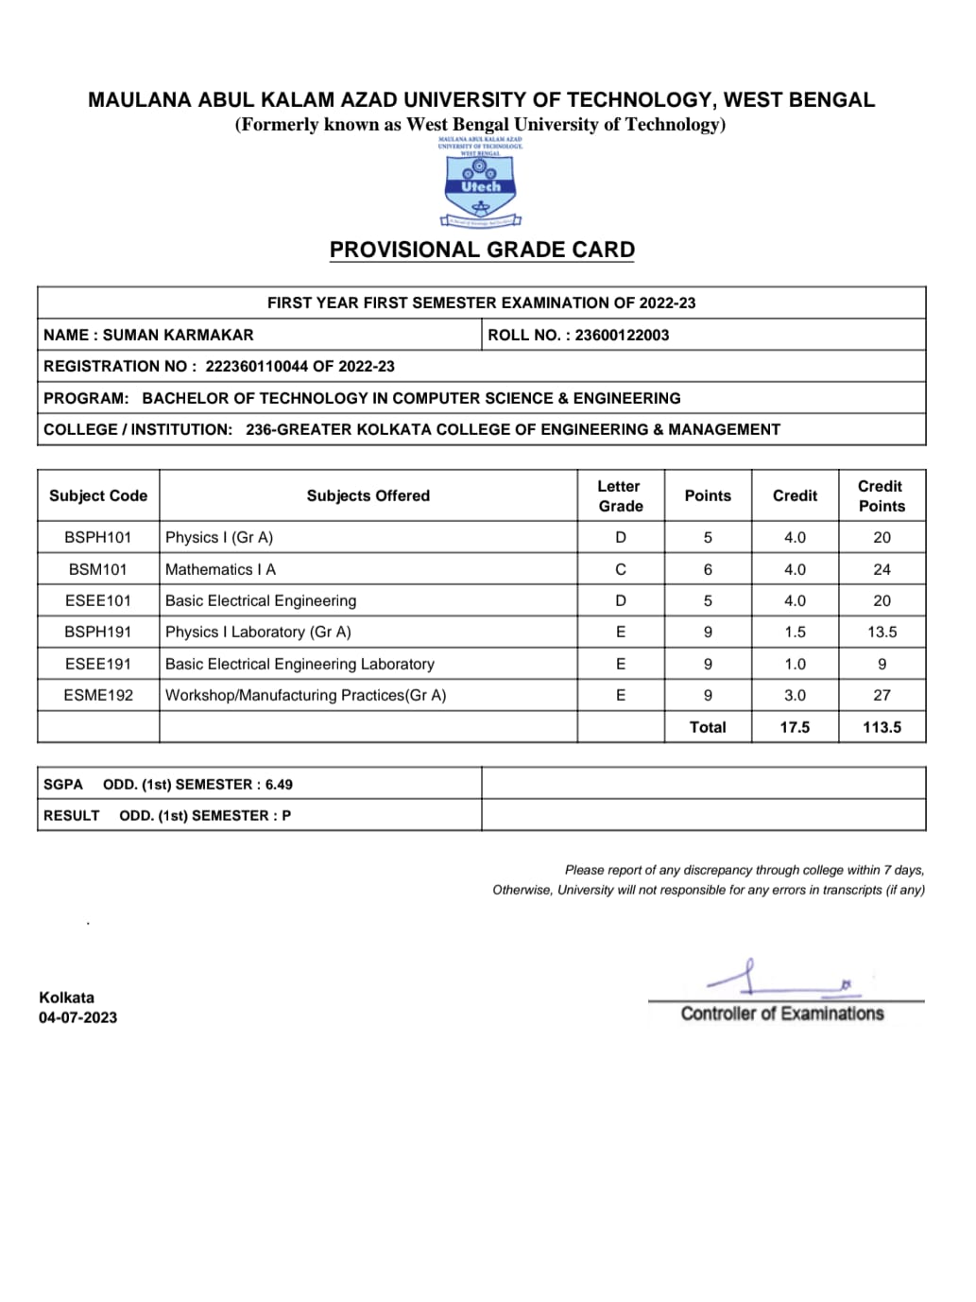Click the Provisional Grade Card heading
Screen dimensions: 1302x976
tap(482, 250)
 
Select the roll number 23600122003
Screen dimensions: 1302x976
tap(622, 335)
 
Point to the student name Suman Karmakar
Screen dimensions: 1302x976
tap(178, 335)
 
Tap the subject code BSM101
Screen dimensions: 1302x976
tap(98, 569)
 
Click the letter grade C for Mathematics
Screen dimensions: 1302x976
tap(621, 569)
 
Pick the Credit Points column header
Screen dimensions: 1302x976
tap(882, 495)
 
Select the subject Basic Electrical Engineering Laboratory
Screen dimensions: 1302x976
tap(300, 664)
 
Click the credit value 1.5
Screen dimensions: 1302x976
tap(795, 632)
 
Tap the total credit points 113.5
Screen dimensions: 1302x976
tap(882, 727)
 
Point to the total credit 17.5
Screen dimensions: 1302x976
tap(795, 727)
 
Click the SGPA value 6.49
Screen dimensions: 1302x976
tap(279, 785)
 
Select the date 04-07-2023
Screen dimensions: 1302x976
tap(78, 1017)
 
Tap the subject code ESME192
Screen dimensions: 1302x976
tap(98, 695)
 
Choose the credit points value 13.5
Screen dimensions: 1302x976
tap(882, 632)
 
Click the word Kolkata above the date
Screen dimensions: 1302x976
tap(66, 997)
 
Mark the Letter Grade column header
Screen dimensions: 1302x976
tap(620, 495)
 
